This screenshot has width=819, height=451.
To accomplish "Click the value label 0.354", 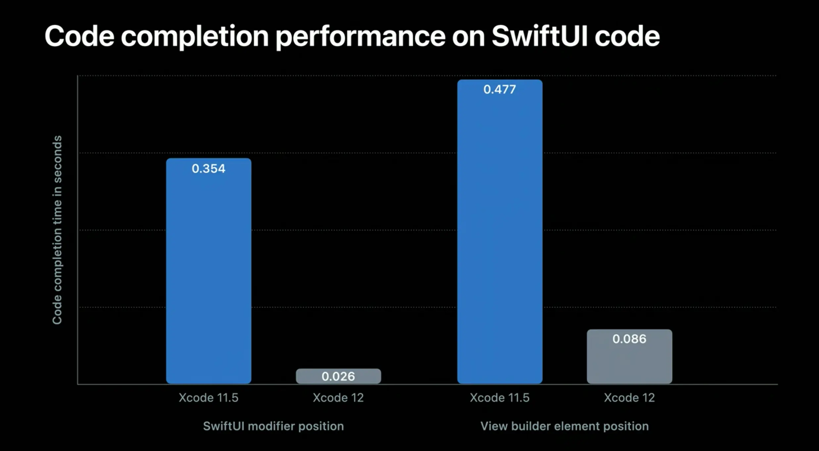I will (209, 169).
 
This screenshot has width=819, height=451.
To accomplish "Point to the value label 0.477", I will (500, 89).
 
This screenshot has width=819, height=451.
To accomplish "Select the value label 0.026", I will (338, 376).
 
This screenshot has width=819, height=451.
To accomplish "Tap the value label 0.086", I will (629, 339).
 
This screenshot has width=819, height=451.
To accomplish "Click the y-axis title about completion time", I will (57, 230).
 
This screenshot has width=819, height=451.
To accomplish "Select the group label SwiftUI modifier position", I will (273, 426).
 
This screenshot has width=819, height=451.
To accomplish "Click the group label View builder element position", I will (564, 426).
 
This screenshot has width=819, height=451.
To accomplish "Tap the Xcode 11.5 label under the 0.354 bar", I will (209, 397).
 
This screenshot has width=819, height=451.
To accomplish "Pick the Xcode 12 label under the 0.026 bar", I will (338, 397).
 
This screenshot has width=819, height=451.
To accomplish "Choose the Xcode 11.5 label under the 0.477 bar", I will (500, 397).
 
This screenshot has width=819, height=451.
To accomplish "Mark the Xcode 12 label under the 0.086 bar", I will (629, 397).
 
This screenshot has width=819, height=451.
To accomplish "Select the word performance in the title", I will (361, 36).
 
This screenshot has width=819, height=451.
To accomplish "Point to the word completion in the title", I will (195, 36).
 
